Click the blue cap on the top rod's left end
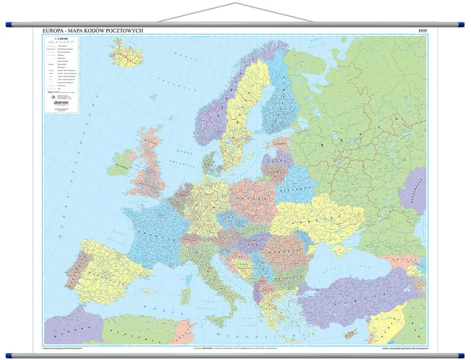click(9, 25)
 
